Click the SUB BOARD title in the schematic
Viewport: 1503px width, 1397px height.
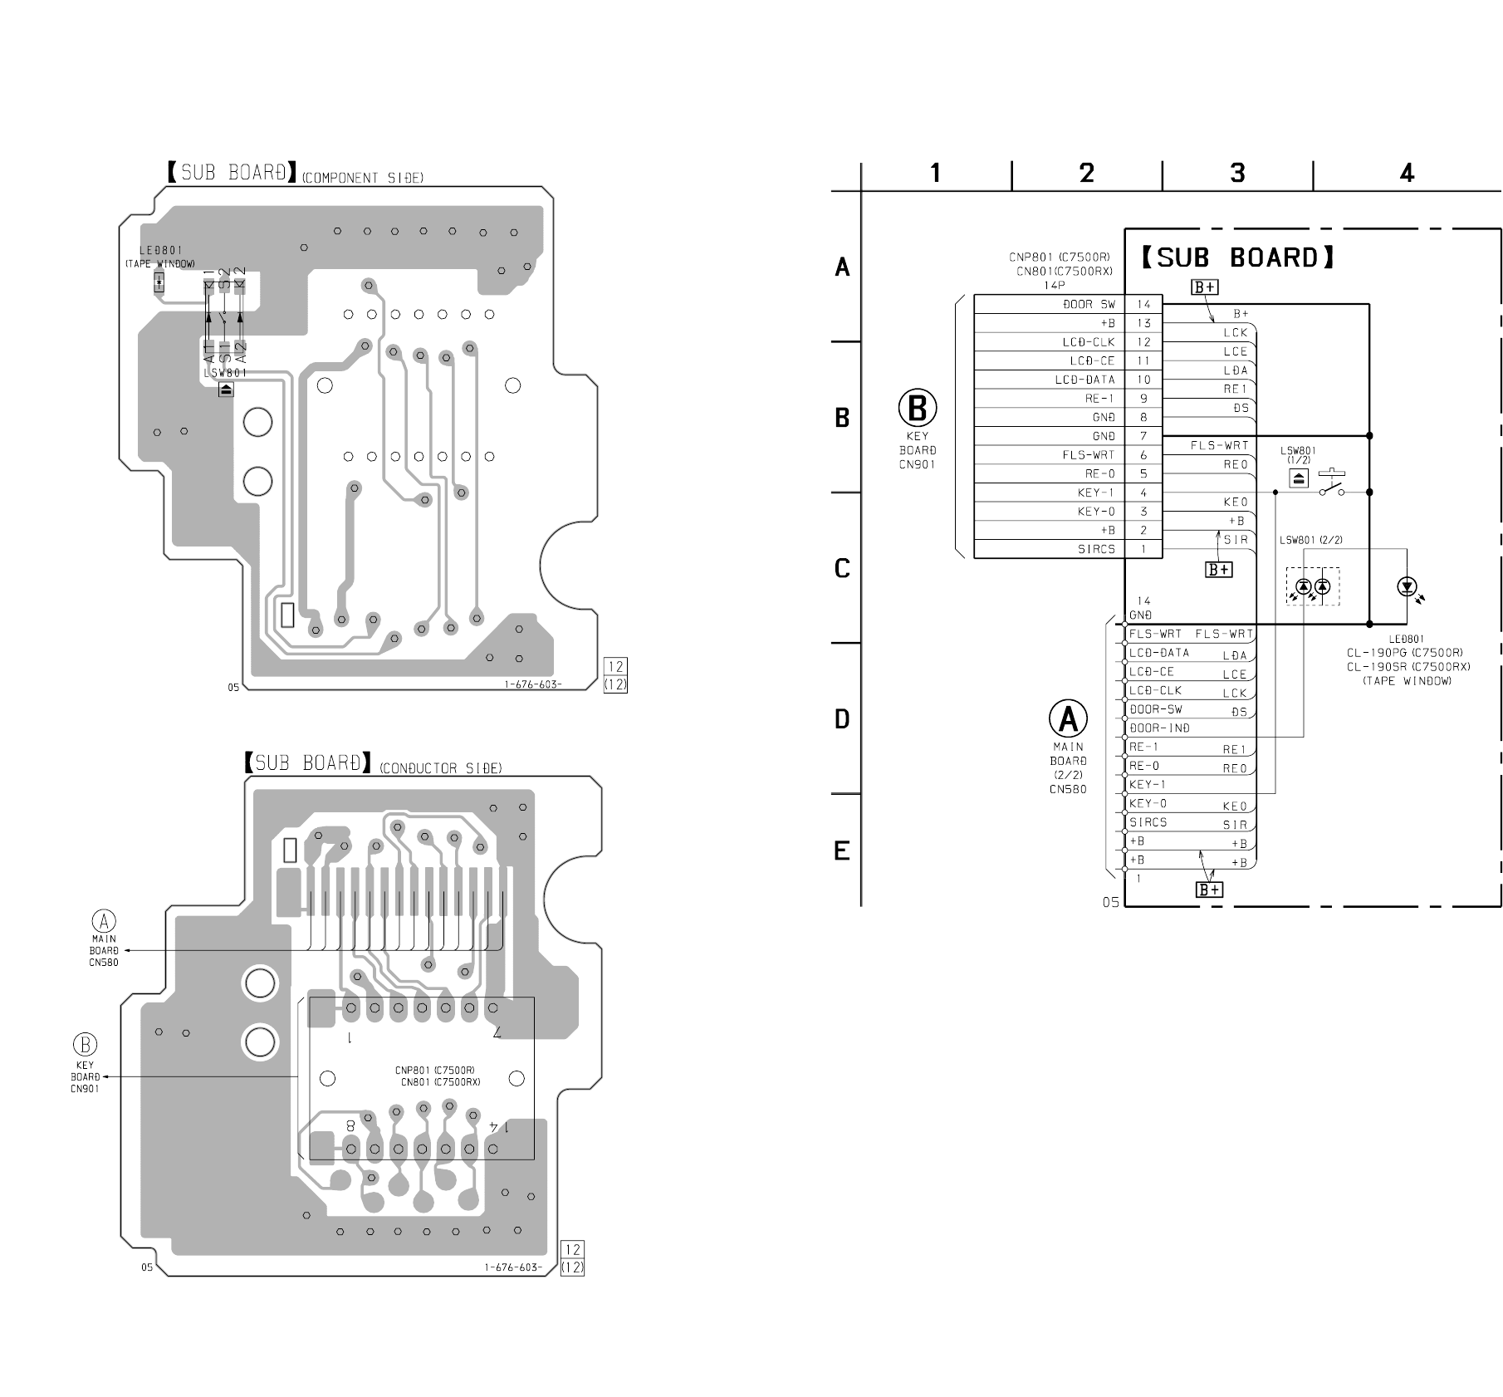(x=1237, y=257)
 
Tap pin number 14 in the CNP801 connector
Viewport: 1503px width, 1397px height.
(x=1143, y=305)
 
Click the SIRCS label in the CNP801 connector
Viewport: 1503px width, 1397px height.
(x=1096, y=549)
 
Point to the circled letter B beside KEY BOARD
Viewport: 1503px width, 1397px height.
(x=918, y=409)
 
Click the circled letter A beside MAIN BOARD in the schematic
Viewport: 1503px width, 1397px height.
(x=1068, y=718)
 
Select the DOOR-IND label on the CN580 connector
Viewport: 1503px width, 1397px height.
(x=1160, y=728)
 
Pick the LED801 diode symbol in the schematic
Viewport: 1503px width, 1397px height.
(x=1407, y=587)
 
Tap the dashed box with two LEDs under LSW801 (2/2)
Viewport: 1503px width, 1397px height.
(x=1313, y=586)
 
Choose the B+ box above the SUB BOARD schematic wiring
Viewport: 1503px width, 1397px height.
(x=1205, y=287)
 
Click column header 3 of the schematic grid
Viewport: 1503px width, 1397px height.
(x=1237, y=173)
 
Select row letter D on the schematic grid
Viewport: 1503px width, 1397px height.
(x=842, y=719)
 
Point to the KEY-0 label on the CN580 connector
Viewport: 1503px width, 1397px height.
(x=1148, y=803)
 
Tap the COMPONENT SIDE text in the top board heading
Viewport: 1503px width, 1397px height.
(x=362, y=178)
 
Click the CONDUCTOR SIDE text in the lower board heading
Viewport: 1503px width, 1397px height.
(x=440, y=768)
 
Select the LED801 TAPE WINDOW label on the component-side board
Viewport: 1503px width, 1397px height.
(x=160, y=256)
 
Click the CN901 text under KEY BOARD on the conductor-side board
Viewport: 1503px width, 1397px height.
(x=85, y=1089)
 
